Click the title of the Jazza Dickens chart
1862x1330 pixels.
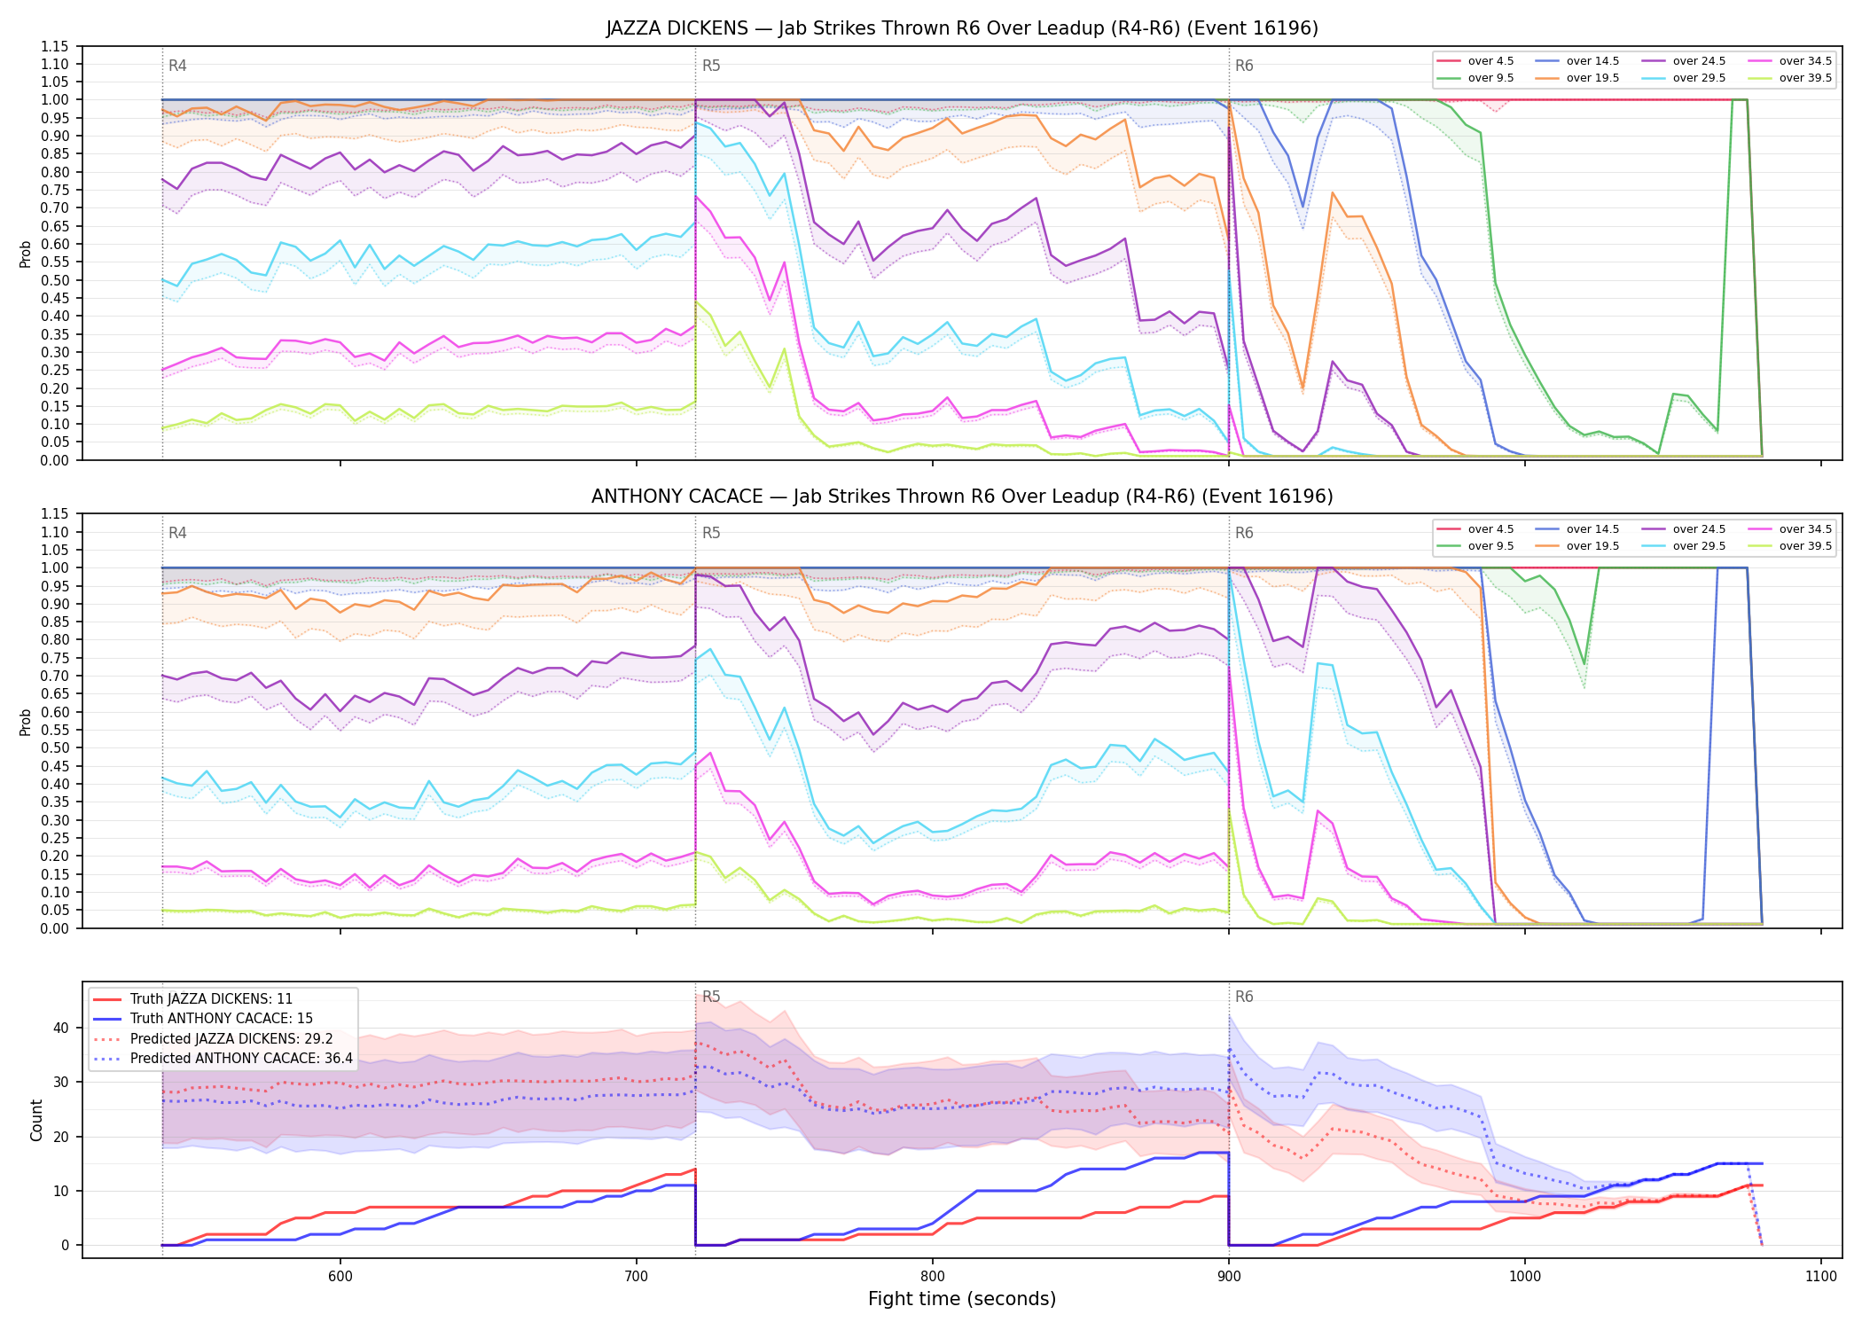(x=962, y=28)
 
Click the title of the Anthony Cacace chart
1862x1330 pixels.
(x=962, y=497)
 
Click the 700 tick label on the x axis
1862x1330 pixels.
(x=636, y=1276)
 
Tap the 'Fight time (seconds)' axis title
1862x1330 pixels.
(x=962, y=1299)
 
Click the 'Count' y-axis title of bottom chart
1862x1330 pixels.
(x=36, y=1120)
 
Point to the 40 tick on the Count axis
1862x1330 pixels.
(x=60, y=1029)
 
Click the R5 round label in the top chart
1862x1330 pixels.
(x=711, y=66)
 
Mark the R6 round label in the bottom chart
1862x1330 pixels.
(x=1244, y=997)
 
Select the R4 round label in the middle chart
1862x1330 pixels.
(x=177, y=533)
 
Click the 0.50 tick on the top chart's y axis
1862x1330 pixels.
(x=54, y=280)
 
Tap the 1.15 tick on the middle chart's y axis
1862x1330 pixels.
(x=54, y=514)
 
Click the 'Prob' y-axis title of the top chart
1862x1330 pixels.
(x=26, y=254)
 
